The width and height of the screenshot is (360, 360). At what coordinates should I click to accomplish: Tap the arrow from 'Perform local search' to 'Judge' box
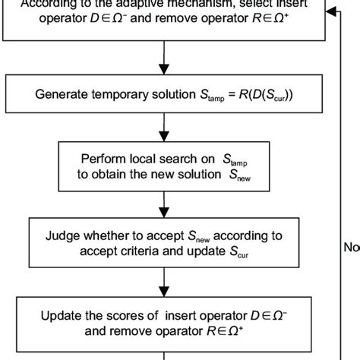pyautogui.click(x=164, y=201)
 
